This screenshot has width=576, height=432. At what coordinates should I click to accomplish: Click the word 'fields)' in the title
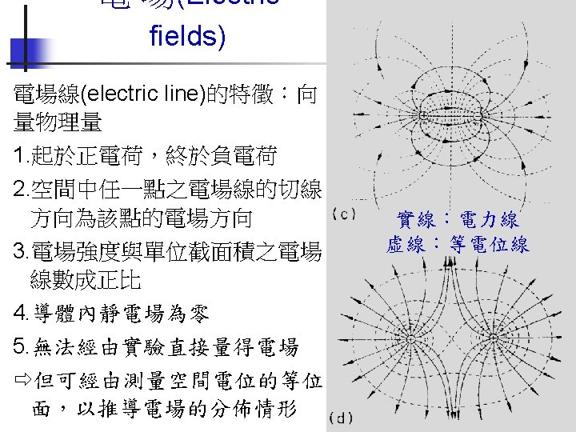(x=187, y=36)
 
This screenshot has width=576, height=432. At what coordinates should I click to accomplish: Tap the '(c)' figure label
(x=343, y=214)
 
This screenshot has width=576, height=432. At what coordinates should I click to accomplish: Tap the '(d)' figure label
(x=343, y=418)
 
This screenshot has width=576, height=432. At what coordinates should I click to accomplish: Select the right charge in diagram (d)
(x=497, y=339)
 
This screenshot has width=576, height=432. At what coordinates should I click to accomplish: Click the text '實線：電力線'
(x=457, y=220)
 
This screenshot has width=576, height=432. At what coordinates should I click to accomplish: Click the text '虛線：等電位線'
(x=457, y=245)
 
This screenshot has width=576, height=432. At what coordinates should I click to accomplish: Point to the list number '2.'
(x=21, y=190)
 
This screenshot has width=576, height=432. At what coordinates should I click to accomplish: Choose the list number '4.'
(x=21, y=314)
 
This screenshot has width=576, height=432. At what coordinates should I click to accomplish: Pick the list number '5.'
(x=21, y=346)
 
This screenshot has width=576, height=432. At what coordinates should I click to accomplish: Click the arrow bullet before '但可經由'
(x=22, y=378)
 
